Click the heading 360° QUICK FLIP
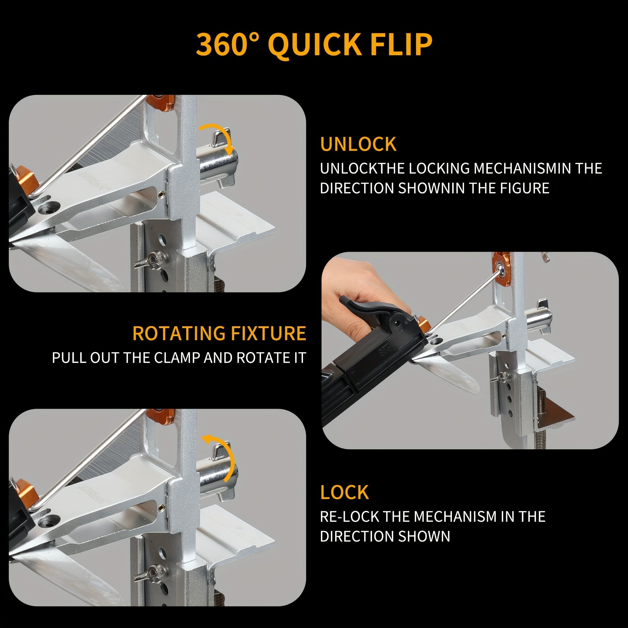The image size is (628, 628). click(x=314, y=45)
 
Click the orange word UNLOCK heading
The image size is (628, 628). click(x=358, y=144)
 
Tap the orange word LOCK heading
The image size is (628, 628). click(x=344, y=492)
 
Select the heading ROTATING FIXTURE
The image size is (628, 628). click(x=219, y=333)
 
